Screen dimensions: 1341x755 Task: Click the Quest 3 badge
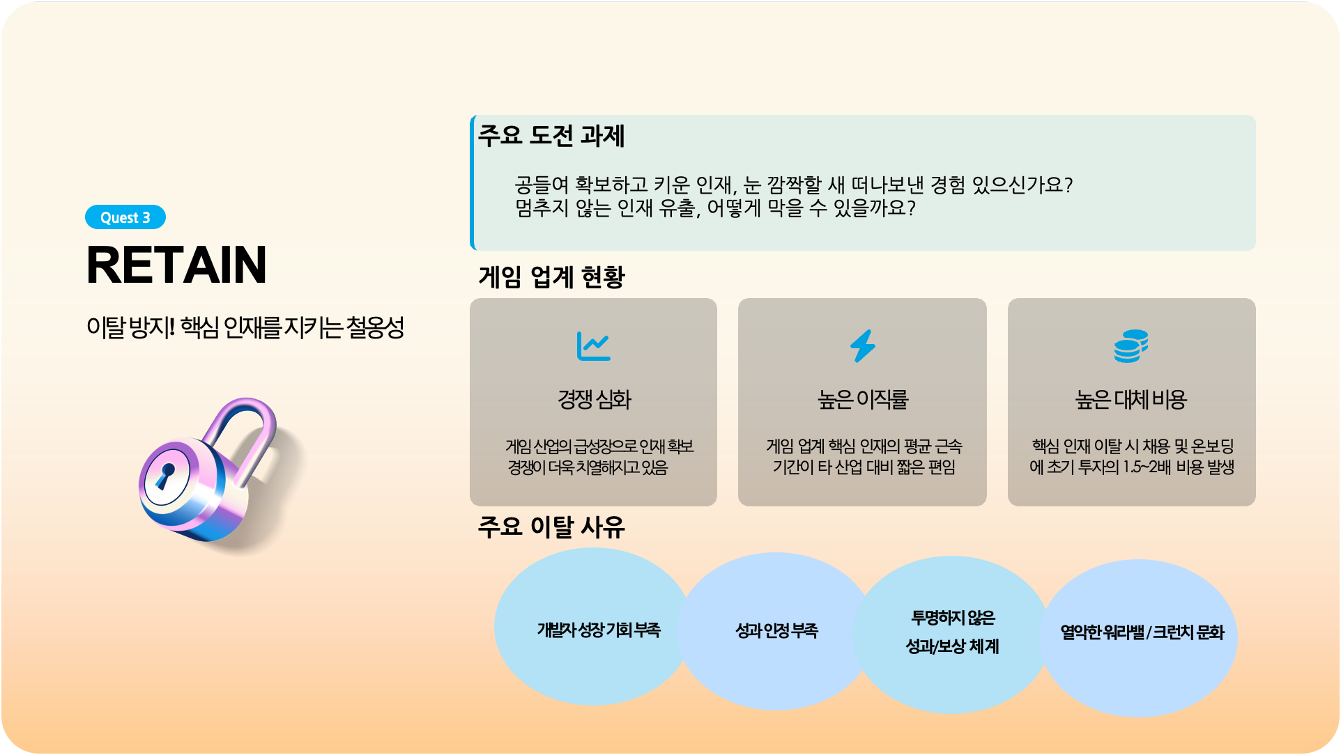pos(125,217)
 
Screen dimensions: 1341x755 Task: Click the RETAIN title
pos(176,265)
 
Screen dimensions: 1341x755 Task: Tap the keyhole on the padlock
pos(165,475)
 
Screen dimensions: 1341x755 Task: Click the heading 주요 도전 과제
pos(551,135)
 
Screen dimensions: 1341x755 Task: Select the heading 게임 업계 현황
pos(551,277)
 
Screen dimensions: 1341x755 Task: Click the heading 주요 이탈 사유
pos(551,527)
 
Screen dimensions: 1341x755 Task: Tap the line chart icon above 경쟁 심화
pos(593,345)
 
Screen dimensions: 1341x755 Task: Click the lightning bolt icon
pos(862,345)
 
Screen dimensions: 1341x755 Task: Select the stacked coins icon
pos(1131,346)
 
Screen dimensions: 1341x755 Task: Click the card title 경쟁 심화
pos(594,399)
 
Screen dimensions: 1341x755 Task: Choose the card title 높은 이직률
pos(863,399)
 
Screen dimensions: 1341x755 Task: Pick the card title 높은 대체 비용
pos(1131,399)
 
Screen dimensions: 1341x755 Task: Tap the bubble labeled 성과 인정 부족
pos(776,631)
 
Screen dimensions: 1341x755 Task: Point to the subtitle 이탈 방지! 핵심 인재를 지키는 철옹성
pos(245,327)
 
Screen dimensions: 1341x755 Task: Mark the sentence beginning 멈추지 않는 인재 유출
pos(715,208)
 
